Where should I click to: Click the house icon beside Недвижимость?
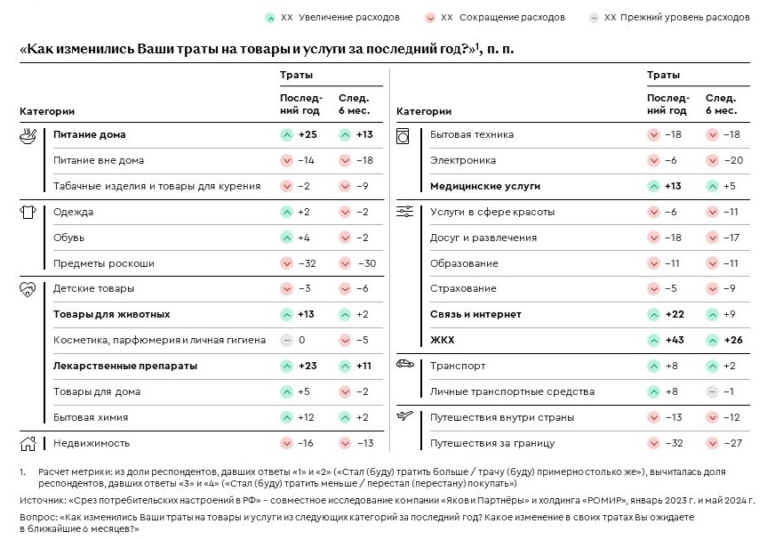click(x=28, y=442)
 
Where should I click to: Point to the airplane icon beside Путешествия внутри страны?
click(x=404, y=416)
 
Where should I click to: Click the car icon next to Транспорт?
click(x=404, y=365)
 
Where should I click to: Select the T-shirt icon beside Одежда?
click(x=28, y=212)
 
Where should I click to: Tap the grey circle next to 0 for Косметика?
click(x=286, y=341)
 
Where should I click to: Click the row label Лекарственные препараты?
click(x=124, y=366)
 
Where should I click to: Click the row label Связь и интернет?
click(x=475, y=315)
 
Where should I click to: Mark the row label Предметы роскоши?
click(x=103, y=263)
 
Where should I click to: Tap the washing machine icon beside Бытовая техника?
click(x=404, y=135)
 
